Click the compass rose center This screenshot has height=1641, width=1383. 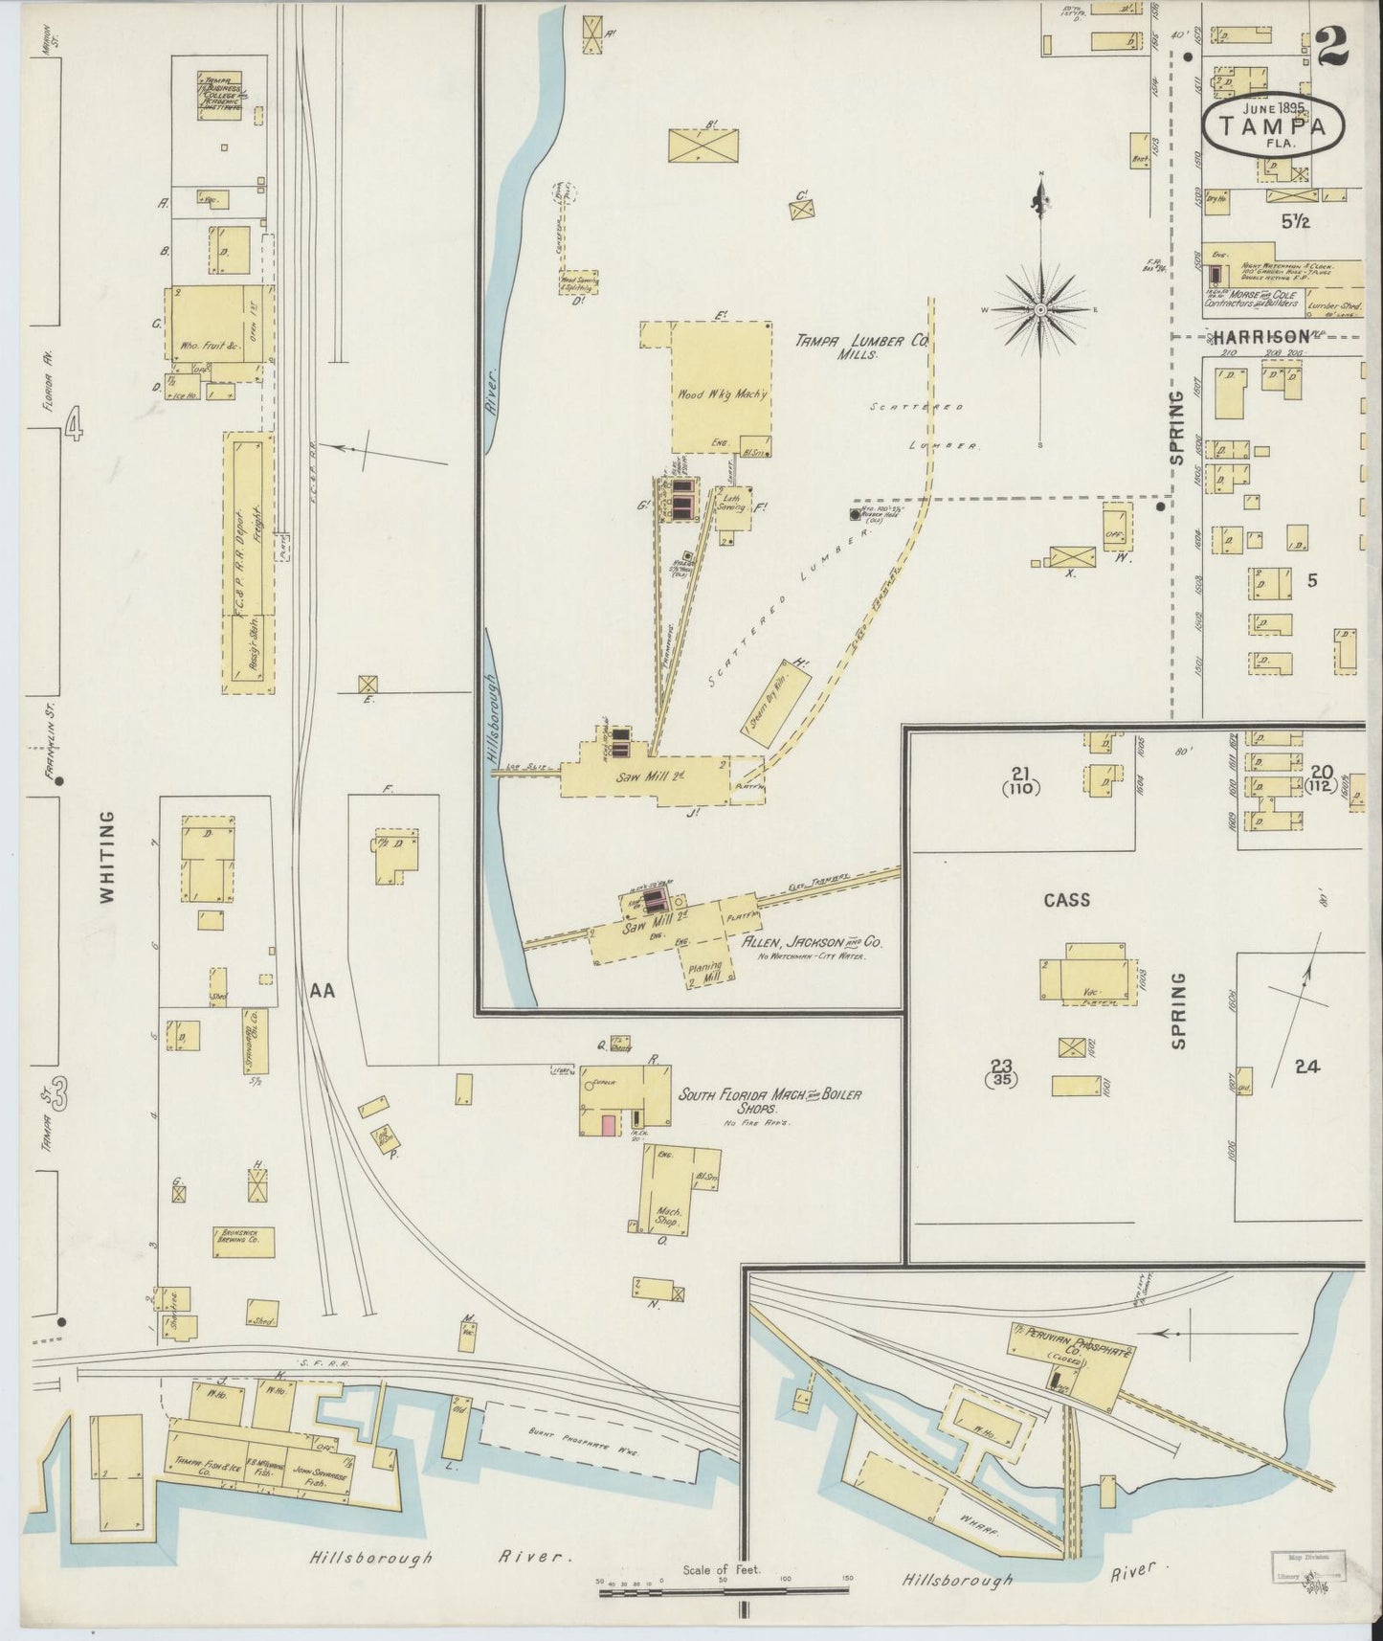click(1041, 310)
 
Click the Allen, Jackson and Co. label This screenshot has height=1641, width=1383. click(812, 942)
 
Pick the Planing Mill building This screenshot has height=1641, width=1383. click(709, 975)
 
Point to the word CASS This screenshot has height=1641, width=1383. click(1067, 900)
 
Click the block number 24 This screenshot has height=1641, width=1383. click(1306, 1067)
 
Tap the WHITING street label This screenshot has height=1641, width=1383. click(107, 858)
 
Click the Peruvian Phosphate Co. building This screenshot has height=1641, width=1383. click(1069, 1363)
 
